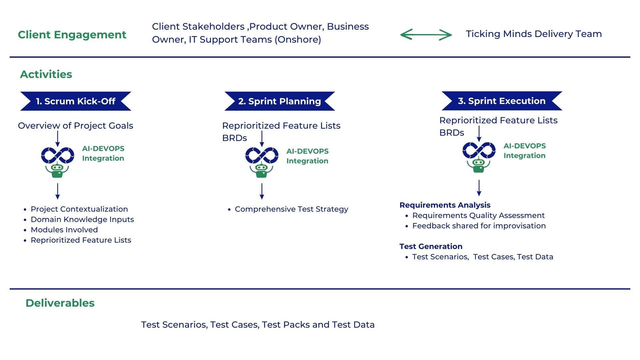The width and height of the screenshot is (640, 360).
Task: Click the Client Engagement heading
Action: point(72,35)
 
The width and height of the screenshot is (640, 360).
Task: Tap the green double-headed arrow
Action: point(426,34)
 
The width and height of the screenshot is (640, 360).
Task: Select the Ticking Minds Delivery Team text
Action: point(534,34)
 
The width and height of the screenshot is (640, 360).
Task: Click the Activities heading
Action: point(46,74)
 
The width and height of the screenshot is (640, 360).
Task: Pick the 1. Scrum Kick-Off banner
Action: point(76,101)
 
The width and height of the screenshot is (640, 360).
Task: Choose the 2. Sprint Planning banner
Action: point(279,101)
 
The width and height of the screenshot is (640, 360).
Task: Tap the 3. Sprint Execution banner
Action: point(502,101)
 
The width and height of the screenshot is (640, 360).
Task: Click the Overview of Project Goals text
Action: point(75,126)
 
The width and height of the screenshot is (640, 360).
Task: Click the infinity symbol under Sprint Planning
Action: point(262,155)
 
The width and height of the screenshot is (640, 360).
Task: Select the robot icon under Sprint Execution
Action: point(479,165)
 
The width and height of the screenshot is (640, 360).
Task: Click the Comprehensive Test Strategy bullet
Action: point(291,209)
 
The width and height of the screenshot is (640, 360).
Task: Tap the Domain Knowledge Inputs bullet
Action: point(82,220)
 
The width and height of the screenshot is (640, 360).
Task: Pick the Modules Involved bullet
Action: point(64,230)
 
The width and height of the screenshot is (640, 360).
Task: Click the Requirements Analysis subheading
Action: point(445,205)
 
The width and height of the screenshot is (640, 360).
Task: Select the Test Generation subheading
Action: point(431,247)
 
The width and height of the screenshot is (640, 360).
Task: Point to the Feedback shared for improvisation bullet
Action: point(479,226)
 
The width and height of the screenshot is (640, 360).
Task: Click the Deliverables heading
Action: point(60,303)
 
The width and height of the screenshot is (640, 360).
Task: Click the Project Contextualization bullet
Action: point(79,209)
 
